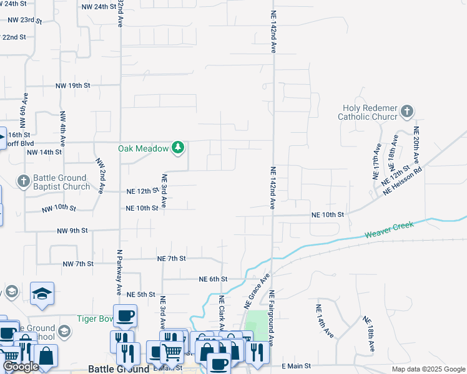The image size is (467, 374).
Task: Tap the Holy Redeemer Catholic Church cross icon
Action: pyautogui.click(x=406, y=112)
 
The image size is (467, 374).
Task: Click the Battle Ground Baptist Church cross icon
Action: pyautogui.click(x=23, y=181)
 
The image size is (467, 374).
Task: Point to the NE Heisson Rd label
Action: pyautogui.click(x=404, y=180)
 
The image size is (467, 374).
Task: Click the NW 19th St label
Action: pyautogui.click(x=73, y=85)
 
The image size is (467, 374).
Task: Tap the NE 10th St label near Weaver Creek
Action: pyautogui.click(x=328, y=214)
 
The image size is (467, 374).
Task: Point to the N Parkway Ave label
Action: pyautogui.click(x=119, y=272)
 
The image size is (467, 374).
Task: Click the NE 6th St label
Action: pyautogui.click(x=213, y=279)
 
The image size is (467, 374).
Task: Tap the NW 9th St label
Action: pyautogui.click(x=72, y=231)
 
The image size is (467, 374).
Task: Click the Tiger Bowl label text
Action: pyautogui.click(x=94, y=319)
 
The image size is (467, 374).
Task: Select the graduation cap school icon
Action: pyautogui.click(x=42, y=292)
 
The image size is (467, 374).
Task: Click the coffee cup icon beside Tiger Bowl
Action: pyautogui.click(x=125, y=315)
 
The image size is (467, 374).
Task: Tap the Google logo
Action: pyautogui.click(x=21, y=367)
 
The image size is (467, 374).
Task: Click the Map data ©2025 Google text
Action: pyautogui.click(x=428, y=369)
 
